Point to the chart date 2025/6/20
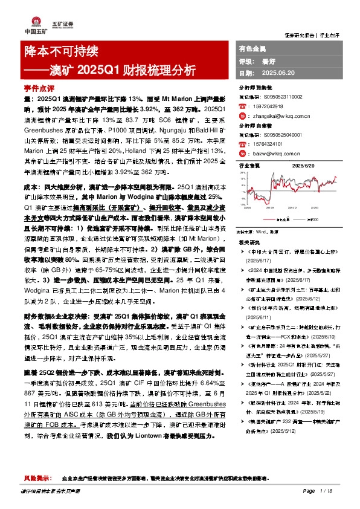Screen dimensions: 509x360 304,165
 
